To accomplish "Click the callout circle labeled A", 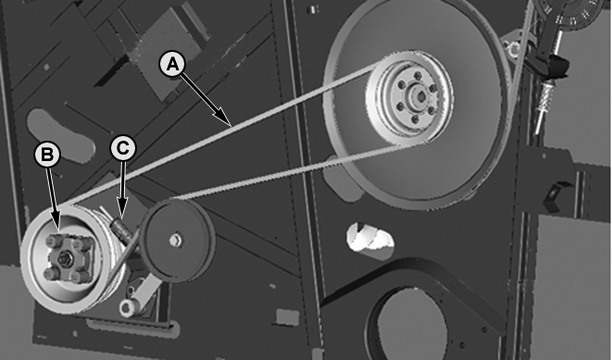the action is click(172, 65).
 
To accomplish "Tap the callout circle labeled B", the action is click(47, 155).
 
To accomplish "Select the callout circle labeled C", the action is click(123, 148).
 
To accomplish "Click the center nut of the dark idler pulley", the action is click(176, 241).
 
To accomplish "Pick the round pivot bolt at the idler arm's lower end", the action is click(127, 306).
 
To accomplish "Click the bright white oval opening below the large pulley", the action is click(370, 236).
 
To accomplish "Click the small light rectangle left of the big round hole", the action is click(287, 317).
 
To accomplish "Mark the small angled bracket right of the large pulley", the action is click(555, 195).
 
